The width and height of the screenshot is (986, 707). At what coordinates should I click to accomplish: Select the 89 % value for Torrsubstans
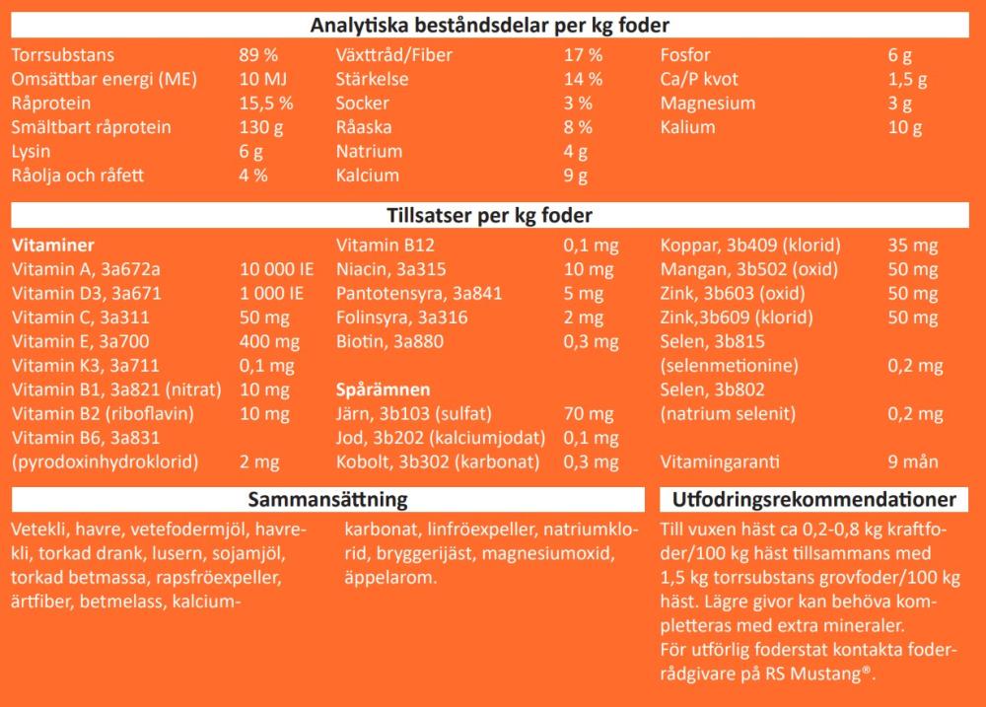(259, 55)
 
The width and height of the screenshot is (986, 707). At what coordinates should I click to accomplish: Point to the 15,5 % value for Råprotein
(266, 104)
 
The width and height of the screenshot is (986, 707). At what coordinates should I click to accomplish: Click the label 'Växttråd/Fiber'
(394, 55)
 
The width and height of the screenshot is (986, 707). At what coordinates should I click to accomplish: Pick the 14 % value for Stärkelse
(583, 79)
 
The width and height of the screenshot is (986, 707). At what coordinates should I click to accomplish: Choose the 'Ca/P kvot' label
(699, 79)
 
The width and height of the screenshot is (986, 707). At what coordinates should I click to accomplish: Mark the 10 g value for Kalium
(904, 127)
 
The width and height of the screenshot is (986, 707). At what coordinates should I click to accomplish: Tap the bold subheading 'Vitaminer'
(52, 246)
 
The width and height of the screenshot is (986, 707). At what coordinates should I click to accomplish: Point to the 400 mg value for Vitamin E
(270, 342)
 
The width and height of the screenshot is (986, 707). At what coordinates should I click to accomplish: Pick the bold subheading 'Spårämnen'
(383, 389)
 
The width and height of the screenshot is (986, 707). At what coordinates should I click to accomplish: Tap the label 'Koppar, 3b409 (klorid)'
(749, 246)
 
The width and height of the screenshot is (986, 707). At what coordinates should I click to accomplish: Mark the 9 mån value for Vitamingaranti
(912, 461)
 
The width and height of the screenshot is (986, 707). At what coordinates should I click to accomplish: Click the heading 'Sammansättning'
(328, 500)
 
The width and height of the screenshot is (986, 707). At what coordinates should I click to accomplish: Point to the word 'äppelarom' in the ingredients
(388, 578)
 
